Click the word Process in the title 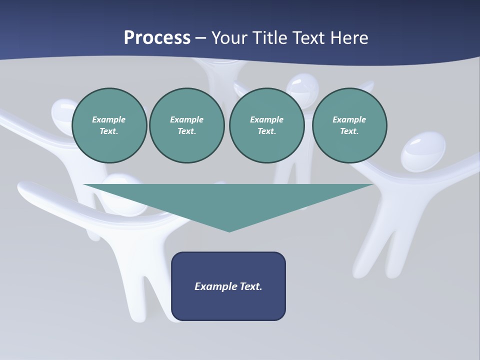pos(157,38)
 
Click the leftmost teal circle pos(109,125)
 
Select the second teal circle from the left pos(186,125)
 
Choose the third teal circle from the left pos(266,125)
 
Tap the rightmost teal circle pos(349,125)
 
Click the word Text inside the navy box pos(251,286)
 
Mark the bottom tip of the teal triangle pos(229,230)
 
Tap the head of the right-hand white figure pos(423,150)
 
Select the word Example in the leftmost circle pos(109,119)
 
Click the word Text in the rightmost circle pos(349,131)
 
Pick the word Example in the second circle pos(186,119)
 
